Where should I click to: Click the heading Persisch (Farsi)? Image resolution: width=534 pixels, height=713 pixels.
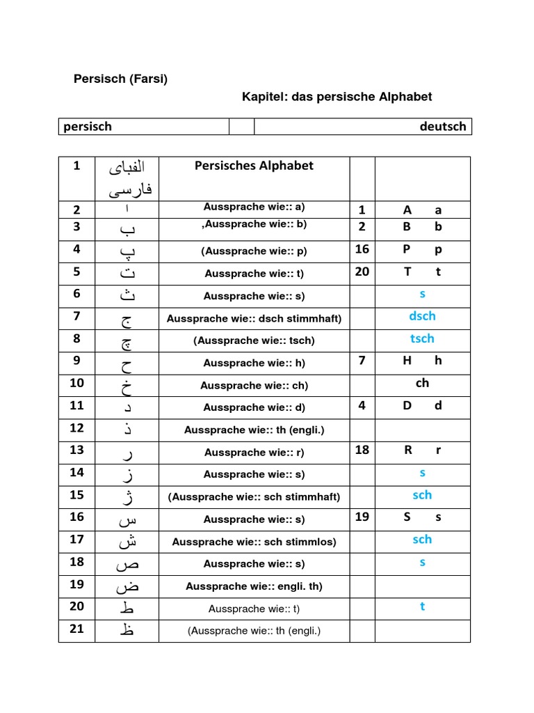coord(120,79)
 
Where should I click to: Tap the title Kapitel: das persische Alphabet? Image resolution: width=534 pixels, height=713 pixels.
coord(337,97)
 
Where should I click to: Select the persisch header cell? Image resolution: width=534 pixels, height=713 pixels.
coord(88,126)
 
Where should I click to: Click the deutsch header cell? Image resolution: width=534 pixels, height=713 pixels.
coord(442,126)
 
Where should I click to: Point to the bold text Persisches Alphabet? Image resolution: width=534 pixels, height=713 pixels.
coord(254,166)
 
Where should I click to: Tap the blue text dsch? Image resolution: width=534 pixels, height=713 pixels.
coord(422,316)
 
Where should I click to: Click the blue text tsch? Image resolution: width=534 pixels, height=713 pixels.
coord(422,338)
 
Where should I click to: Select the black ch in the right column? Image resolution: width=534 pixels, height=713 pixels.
coord(422,383)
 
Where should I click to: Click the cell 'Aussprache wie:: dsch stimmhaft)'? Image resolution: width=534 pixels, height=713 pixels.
coord(254,318)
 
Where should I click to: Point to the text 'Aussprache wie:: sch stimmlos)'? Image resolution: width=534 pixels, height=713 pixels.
coord(254,541)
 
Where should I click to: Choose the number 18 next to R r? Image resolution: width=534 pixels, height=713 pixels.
coord(362,450)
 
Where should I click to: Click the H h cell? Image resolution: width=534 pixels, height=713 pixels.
coord(422,361)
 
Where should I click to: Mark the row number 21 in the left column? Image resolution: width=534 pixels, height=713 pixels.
coord(76,629)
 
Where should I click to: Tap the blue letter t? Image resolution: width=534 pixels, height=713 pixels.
coord(422,606)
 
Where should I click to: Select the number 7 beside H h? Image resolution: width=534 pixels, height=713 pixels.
coord(362,361)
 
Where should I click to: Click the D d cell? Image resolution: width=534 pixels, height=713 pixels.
coord(422,405)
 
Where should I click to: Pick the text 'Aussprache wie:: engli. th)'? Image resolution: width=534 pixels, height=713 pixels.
coord(254,586)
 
